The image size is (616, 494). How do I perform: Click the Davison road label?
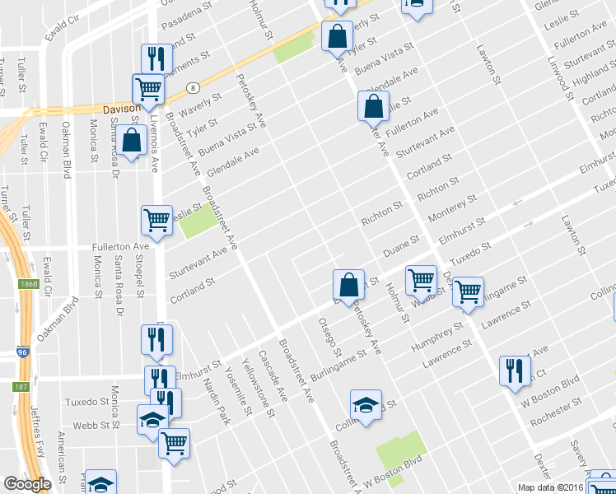tap(118, 109)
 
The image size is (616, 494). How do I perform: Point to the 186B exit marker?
tap(28, 284)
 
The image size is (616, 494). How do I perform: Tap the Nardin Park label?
tap(217, 395)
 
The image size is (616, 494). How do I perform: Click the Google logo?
tap(27, 484)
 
